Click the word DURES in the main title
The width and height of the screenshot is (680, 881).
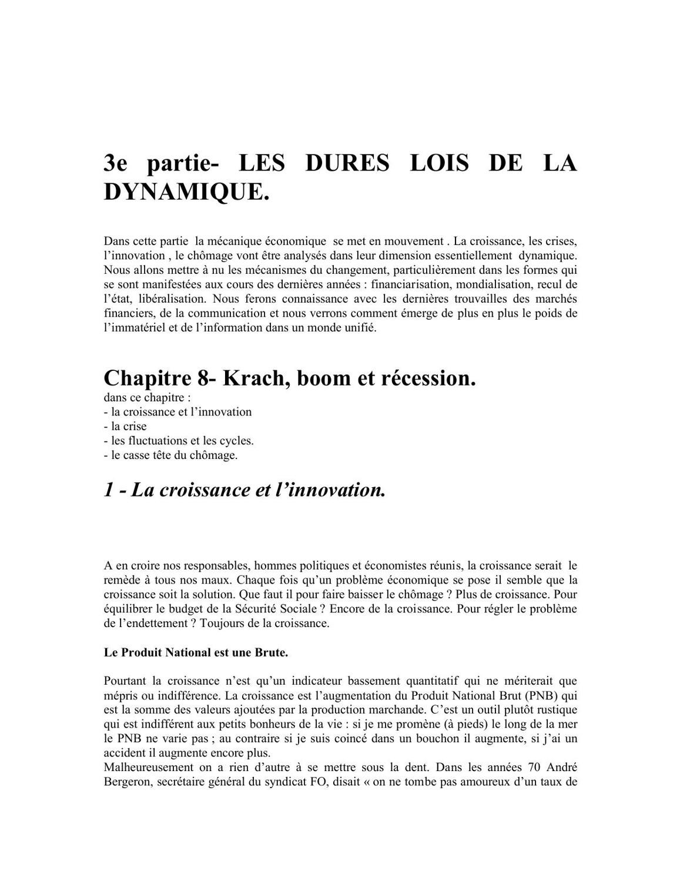tap(347, 163)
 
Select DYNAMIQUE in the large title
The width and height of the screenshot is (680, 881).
tap(186, 192)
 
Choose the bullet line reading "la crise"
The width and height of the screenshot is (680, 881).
tap(125, 426)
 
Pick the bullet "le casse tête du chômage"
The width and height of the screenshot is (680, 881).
tap(170, 455)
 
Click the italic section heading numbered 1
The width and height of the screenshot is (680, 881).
tap(244, 489)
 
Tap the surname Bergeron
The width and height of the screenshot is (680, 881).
tap(128, 782)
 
